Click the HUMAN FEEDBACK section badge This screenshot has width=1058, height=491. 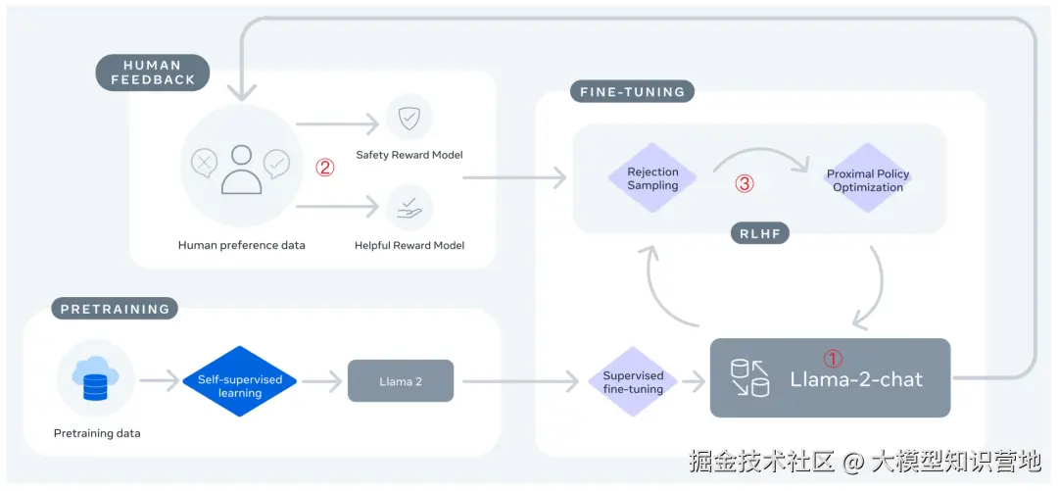153,73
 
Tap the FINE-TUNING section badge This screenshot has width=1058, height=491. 631,92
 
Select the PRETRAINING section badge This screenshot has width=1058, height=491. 115,309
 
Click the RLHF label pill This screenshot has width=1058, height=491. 759,233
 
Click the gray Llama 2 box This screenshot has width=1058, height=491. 401,380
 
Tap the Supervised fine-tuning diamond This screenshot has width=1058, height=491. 633,382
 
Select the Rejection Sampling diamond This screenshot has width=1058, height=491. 652,178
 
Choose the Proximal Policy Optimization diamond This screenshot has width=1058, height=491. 868,180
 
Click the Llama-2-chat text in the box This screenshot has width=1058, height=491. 856,379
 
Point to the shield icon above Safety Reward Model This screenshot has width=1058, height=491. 409,117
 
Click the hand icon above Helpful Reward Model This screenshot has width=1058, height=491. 409,207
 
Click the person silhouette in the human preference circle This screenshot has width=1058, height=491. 242,169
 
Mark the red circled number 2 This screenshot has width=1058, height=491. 325,168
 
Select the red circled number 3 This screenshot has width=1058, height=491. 745,183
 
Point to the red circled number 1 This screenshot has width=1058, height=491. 832,359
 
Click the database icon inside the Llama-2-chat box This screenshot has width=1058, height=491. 750,378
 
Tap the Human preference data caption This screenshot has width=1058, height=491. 241,245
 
